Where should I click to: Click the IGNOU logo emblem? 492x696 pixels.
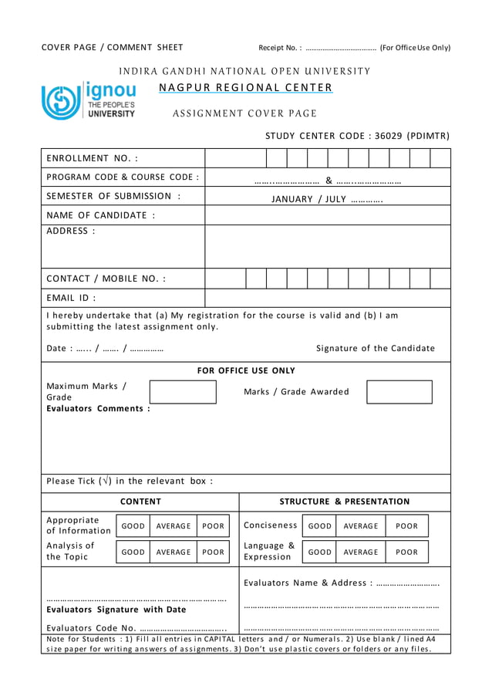(60, 100)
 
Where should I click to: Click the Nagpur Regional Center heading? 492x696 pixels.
(245, 87)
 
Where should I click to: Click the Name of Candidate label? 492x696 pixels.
(101, 215)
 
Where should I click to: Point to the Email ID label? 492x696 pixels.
(72, 298)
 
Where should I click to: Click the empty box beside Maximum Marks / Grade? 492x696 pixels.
(183, 392)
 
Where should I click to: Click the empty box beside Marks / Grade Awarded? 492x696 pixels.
(399, 392)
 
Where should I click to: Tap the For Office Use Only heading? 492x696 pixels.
(246, 371)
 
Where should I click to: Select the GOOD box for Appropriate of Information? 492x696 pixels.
(133, 526)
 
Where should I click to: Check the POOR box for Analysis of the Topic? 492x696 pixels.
(213, 552)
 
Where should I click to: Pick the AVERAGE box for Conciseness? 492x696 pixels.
(361, 526)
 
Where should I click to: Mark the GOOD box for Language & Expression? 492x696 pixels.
(319, 552)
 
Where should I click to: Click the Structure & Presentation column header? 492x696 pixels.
(345, 502)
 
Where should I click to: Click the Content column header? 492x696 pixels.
(140, 502)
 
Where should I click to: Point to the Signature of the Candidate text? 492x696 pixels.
(376, 348)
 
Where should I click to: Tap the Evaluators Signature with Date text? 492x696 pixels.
(116, 610)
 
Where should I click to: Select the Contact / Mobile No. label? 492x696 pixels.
(106, 279)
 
